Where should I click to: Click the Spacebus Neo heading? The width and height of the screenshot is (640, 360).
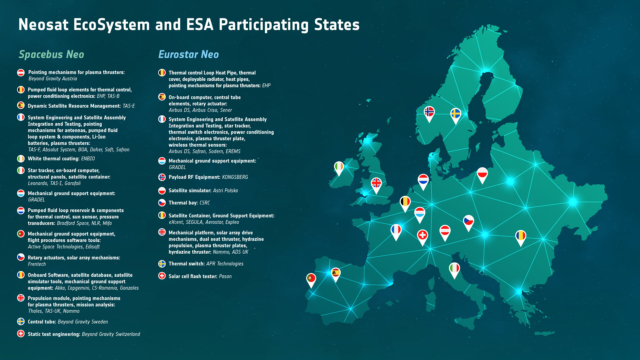pyautogui.click(x=51, y=54)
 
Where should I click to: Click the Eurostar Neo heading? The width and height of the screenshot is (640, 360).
pyautogui.click(x=188, y=54)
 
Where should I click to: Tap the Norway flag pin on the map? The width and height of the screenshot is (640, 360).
pyautogui.click(x=429, y=112)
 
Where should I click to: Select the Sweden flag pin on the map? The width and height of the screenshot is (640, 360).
pyautogui.click(x=456, y=114)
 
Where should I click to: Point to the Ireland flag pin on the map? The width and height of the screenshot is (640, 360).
pyautogui.click(x=339, y=167)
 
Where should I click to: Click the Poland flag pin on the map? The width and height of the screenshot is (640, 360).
pyautogui.click(x=482, y=174)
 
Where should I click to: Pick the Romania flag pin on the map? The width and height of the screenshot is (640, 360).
pyautogui.click(x=520, y=236)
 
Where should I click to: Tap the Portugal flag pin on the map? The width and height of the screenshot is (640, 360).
pyautogui.click(x=311, y=278)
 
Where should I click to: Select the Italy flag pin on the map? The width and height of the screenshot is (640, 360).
pyautogui.click(x=454, y=269)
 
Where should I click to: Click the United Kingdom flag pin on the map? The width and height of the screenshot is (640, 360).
pyautogui.click(x=376, y=183)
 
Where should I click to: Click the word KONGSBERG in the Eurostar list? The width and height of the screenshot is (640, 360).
pyautogui.click(x=235, y=177)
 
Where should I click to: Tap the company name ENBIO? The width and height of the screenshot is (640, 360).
pyautogui.click(x=88, y=159)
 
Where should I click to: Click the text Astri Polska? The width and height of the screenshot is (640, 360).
pyautogui.click(x=225, y=190)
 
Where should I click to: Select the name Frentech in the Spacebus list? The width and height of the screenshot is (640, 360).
pyautogui.click(x=37, y=264)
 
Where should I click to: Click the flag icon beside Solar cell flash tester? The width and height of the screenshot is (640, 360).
pyautogui.click(x=162, y=276)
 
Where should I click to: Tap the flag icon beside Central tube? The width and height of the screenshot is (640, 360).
pyautogui.click(x=21, y=321)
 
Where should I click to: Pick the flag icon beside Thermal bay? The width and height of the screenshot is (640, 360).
pyautogui.click(x=162, y=202)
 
